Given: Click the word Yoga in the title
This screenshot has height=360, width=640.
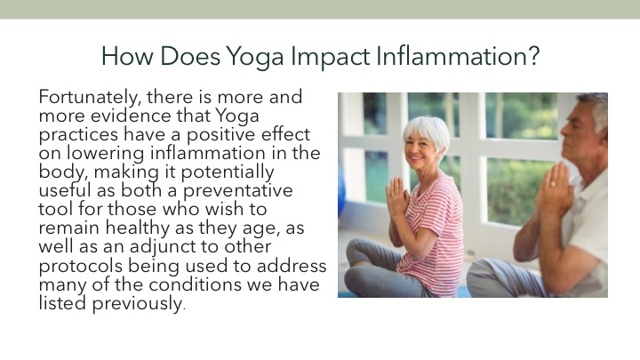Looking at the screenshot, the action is [255, 57].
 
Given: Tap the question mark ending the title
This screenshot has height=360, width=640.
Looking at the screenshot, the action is [533, 55].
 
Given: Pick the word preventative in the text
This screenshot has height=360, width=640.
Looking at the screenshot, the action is [237, 191].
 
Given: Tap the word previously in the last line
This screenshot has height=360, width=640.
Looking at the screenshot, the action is [137, 304].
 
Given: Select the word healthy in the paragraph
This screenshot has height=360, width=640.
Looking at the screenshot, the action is [137, 228].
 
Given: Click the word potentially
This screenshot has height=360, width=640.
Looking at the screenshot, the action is [228, 172].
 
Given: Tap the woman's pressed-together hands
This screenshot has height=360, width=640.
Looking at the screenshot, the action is [396, 196].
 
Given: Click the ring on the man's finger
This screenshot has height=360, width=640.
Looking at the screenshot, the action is [553, 184].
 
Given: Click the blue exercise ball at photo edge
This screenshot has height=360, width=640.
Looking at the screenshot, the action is [341, 191].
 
